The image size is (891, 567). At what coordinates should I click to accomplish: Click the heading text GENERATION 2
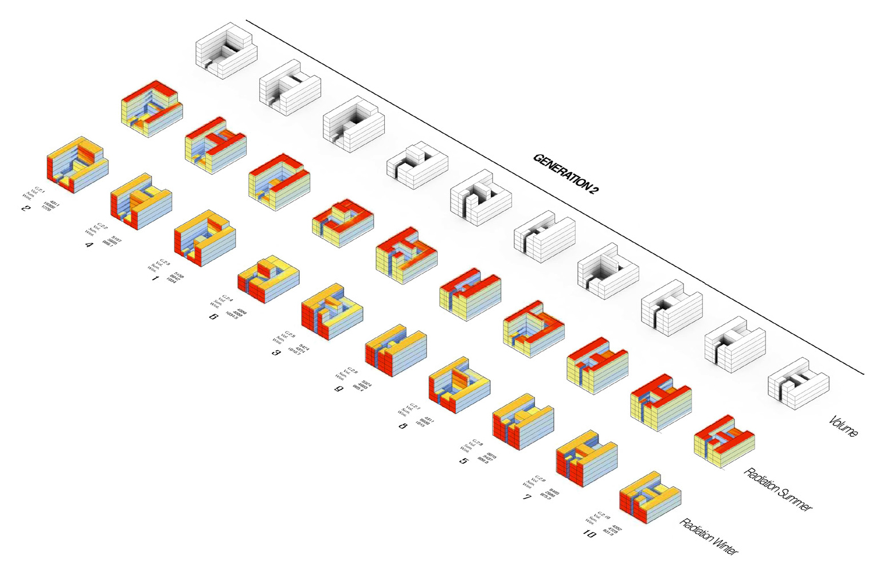pyautogui.click(x=565, y=174)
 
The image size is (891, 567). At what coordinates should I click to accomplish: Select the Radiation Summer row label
pyautogui.click(x=777, y=489)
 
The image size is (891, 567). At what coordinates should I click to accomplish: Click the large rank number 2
pyautogui.click(x=25, y=208)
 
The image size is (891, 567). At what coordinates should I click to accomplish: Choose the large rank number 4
pyautogui.click(x=88, y=245)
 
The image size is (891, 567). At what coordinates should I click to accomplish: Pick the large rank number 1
pyautogui.click(x=154, y=279)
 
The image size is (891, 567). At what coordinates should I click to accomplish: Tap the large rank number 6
pyautogui.click(x=213, y=316)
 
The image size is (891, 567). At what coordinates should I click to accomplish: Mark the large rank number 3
pyautogui.click(x=276, y=353)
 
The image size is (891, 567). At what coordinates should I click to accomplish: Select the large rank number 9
pyautogui.click(x=339, y=388)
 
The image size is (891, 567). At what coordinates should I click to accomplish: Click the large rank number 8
pyautogui.click(x=402, y=425)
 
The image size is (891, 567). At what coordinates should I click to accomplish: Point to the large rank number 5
pyautogui.click(x=463, y=460)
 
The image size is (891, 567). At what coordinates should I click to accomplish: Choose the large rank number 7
pyautogui.click(x=527, y=496)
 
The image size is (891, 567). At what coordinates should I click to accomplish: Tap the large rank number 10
pyautogui.click(x=589, y=534)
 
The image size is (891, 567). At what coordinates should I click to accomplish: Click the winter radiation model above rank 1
pyautogui.click(x=205, y=237)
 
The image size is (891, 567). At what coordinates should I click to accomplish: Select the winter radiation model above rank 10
pyautogui.click(x=650, y=498)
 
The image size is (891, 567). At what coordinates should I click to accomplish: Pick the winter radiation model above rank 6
pyautogui.click(x=268, y=279)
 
